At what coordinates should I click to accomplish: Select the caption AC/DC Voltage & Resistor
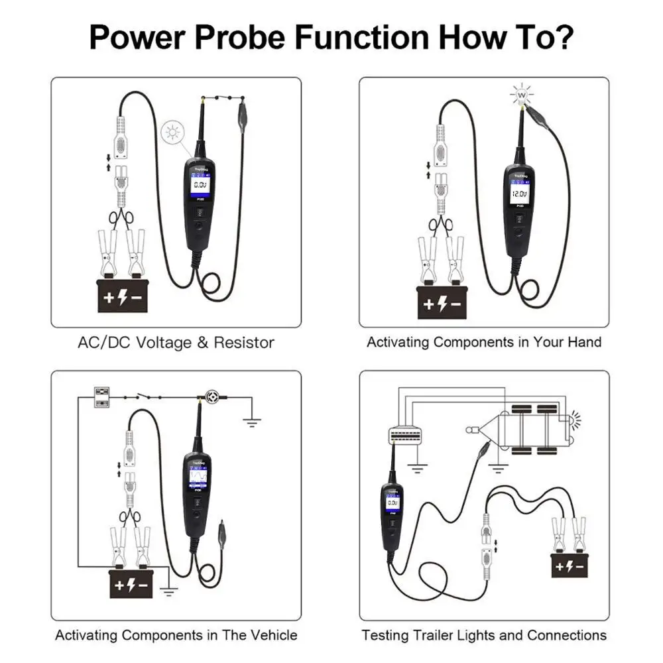click(176, 343)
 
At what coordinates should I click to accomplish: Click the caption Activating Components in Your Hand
click(484, 343)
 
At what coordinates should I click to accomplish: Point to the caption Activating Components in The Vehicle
click(176, 635)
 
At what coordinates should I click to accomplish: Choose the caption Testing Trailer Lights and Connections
click(484, 635)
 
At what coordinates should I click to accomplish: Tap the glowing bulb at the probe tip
click(521, 95)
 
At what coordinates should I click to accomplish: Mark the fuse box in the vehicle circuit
click(102, 396)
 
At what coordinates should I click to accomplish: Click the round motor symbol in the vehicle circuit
click(215, 396)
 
